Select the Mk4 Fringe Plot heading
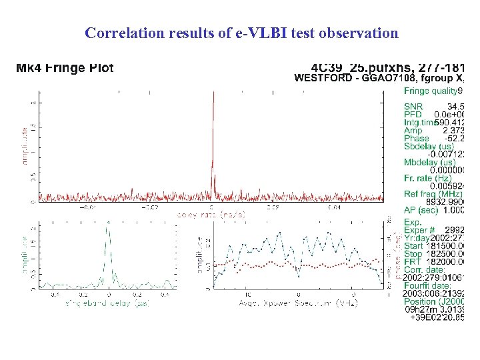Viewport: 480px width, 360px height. point(65,67)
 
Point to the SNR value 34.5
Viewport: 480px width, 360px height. point(455,107)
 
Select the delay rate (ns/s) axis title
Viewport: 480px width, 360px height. point(211,215)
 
